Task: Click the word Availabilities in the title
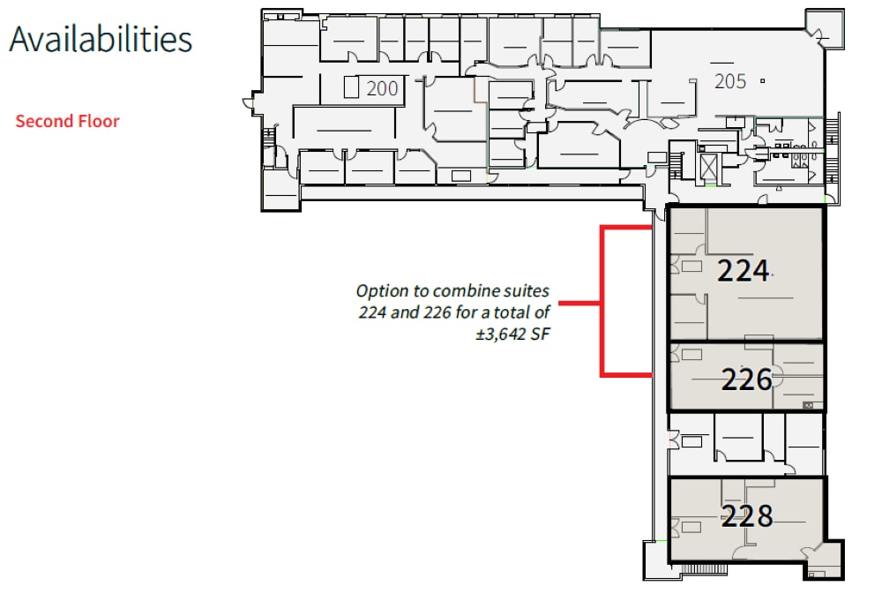(101, 40)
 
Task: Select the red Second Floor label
(67, 121)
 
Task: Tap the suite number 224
(743, 271)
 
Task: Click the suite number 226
(746, 380)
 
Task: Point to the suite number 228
(746, 515)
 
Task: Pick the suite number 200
(382, 88)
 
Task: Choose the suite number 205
(730, 82)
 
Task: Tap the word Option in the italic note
(378, 290)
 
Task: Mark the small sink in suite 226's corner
(808, 404)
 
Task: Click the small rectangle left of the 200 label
(351, 87)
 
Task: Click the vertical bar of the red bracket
(602, 301)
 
